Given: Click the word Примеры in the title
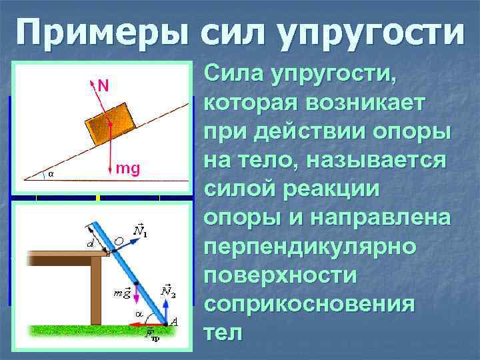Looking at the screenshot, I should [101, 33].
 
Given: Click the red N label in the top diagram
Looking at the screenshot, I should [103, 85].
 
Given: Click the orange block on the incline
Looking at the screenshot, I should [111, 124].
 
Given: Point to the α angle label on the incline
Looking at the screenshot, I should [50, 175].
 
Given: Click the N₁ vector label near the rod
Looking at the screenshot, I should [140, 231].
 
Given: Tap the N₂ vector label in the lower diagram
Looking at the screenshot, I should [168, 291].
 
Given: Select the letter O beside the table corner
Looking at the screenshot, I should [119, 241].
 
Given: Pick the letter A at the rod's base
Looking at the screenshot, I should [174, 322].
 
